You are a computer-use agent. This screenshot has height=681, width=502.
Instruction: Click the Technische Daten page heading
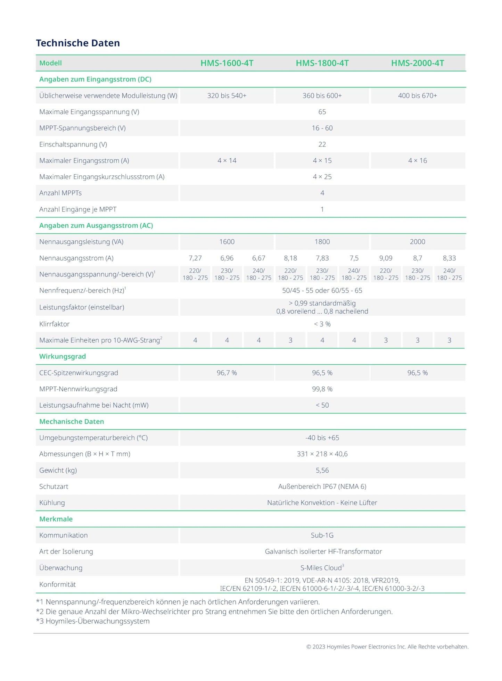point(78,43)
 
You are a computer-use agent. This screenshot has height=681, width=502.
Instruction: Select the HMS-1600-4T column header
point(227,63)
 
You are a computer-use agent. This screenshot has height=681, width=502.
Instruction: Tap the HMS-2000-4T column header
point(417,63)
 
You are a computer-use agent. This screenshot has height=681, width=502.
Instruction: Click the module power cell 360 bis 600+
point(322,95)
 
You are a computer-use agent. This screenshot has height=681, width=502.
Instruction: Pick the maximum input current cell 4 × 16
point(417,160)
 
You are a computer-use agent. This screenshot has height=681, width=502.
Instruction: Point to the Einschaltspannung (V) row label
point(73,144)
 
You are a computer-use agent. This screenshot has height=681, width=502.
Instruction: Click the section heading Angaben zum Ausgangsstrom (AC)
point(96,225)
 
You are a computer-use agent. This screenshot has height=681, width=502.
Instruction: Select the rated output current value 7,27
point(195,258)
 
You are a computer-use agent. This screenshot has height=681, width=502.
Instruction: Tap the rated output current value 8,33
point(449,258)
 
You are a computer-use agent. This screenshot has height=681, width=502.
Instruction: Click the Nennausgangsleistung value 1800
point(322,242)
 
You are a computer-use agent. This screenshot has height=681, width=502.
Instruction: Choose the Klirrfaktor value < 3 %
point(322,324)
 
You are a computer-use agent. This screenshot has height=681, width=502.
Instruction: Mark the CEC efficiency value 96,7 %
point(227,373)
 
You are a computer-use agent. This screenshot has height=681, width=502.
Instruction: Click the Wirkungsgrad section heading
point(63,356)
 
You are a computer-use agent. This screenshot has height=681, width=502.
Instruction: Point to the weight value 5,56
point(322,470)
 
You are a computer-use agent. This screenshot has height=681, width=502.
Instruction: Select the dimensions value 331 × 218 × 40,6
point(322,454)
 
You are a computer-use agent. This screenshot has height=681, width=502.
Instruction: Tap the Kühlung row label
point(52,503)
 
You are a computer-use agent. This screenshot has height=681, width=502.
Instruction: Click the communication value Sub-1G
point(322,535)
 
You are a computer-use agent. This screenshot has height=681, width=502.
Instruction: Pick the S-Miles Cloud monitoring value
point(322,568)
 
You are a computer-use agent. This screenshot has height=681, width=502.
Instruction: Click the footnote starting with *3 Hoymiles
point(93,621)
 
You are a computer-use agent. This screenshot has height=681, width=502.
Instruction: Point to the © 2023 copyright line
point(387,647)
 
